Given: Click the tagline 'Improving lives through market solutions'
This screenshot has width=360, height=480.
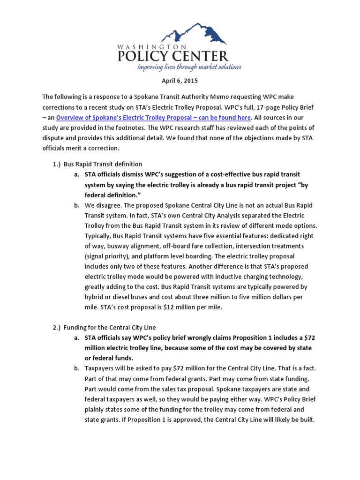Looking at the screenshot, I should coord(189,67).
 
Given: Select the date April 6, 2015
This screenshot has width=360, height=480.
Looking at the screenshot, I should coord(180,81).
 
